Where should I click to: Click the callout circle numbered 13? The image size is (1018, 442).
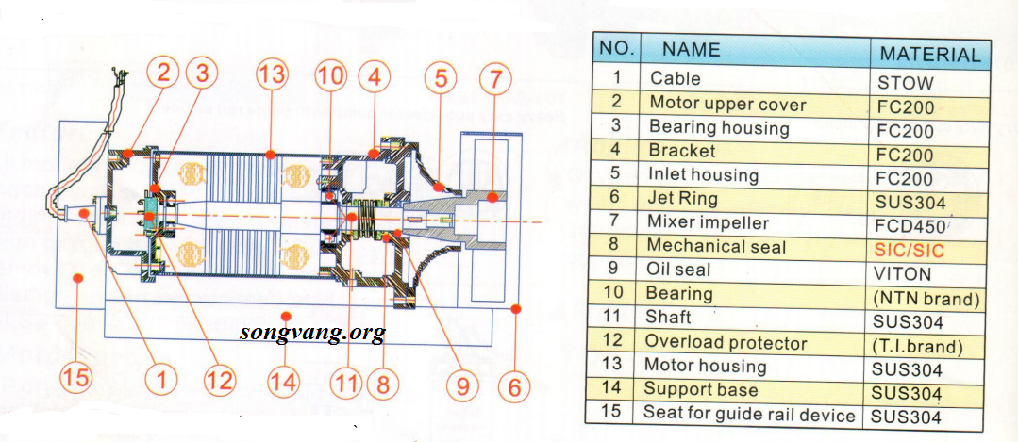click(x=272, y=75)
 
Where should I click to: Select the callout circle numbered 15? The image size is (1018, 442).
click(x=77, y=380)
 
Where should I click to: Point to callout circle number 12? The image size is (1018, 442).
click(x=219, y=380)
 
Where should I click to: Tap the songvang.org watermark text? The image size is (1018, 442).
click(x=312, y=332)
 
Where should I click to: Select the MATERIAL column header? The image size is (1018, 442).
click(x=929, y=54)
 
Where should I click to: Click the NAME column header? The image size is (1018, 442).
click(x=691, y=49)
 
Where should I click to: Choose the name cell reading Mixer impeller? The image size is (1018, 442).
click(x=709, y=222)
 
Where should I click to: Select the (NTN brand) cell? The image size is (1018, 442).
click(x=927, y=299)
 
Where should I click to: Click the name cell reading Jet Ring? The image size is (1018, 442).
click(x=683, y=199)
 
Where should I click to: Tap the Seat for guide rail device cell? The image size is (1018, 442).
click(x=749, y=414)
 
